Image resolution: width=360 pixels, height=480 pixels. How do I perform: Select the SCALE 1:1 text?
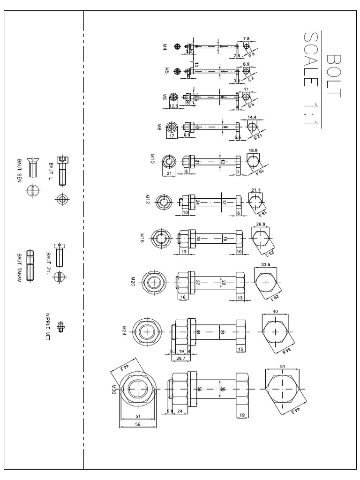tap(310, 80)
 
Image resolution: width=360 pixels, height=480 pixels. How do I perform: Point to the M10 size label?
tap(152, 157)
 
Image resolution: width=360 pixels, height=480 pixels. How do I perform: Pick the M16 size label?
tap(142, 237)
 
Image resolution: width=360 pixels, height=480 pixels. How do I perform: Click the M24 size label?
tap(124, 331)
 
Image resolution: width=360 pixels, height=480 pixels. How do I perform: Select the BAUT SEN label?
tap(20, 171)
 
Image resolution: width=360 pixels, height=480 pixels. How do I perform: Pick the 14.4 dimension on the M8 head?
tap(252, 117)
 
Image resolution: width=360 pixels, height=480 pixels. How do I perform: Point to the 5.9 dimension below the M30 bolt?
tap(170, 411)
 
